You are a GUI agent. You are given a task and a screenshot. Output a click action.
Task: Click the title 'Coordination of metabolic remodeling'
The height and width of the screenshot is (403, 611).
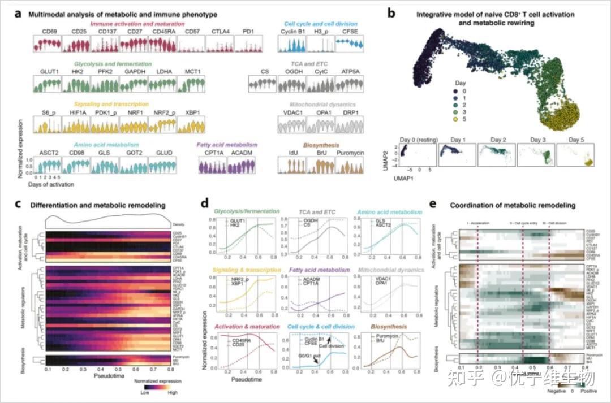point(513,205)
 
